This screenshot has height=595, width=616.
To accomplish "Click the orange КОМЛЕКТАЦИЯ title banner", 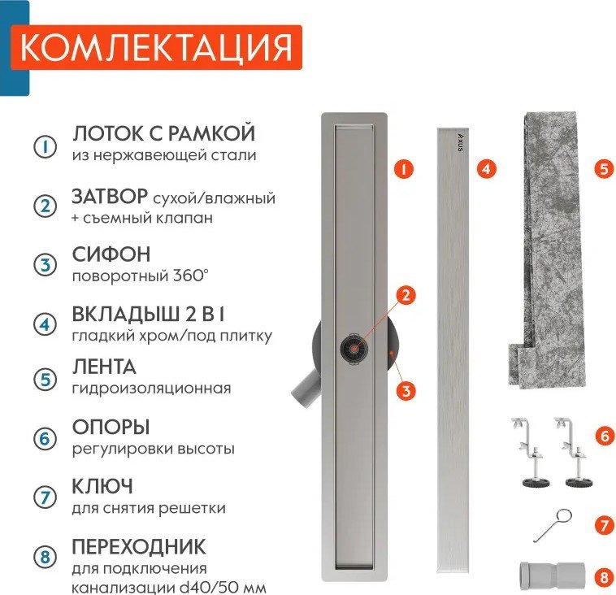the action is (x=156, y=47).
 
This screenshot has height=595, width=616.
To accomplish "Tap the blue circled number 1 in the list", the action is (x=45, y=146).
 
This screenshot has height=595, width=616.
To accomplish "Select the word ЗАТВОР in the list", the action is (x=110, y=197).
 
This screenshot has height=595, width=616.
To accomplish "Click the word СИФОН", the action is (x=111, y=254).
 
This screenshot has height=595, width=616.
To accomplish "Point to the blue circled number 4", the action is (x=46, y=324).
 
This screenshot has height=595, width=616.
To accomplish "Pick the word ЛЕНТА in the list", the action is (x=104, y=367).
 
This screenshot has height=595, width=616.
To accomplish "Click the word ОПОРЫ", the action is (x=111, y=428).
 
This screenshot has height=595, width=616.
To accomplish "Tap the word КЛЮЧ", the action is (x=102, y=487).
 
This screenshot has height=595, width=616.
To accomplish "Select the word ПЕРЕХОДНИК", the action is (x=139, y=546).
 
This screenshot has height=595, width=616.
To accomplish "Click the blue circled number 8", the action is (x=46, y=557).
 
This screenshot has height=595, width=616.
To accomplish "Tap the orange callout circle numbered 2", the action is (x=406, y=295).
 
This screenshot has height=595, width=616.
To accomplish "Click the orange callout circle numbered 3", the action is (x=406, y=391).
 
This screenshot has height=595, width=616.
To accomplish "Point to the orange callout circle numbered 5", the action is (x=604, y=169).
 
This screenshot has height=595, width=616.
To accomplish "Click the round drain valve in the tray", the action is (x=354, y=348).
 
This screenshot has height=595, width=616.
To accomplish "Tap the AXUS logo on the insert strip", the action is (x=461, y=142).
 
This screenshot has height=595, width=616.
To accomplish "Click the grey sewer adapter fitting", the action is (x=552, y=576).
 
